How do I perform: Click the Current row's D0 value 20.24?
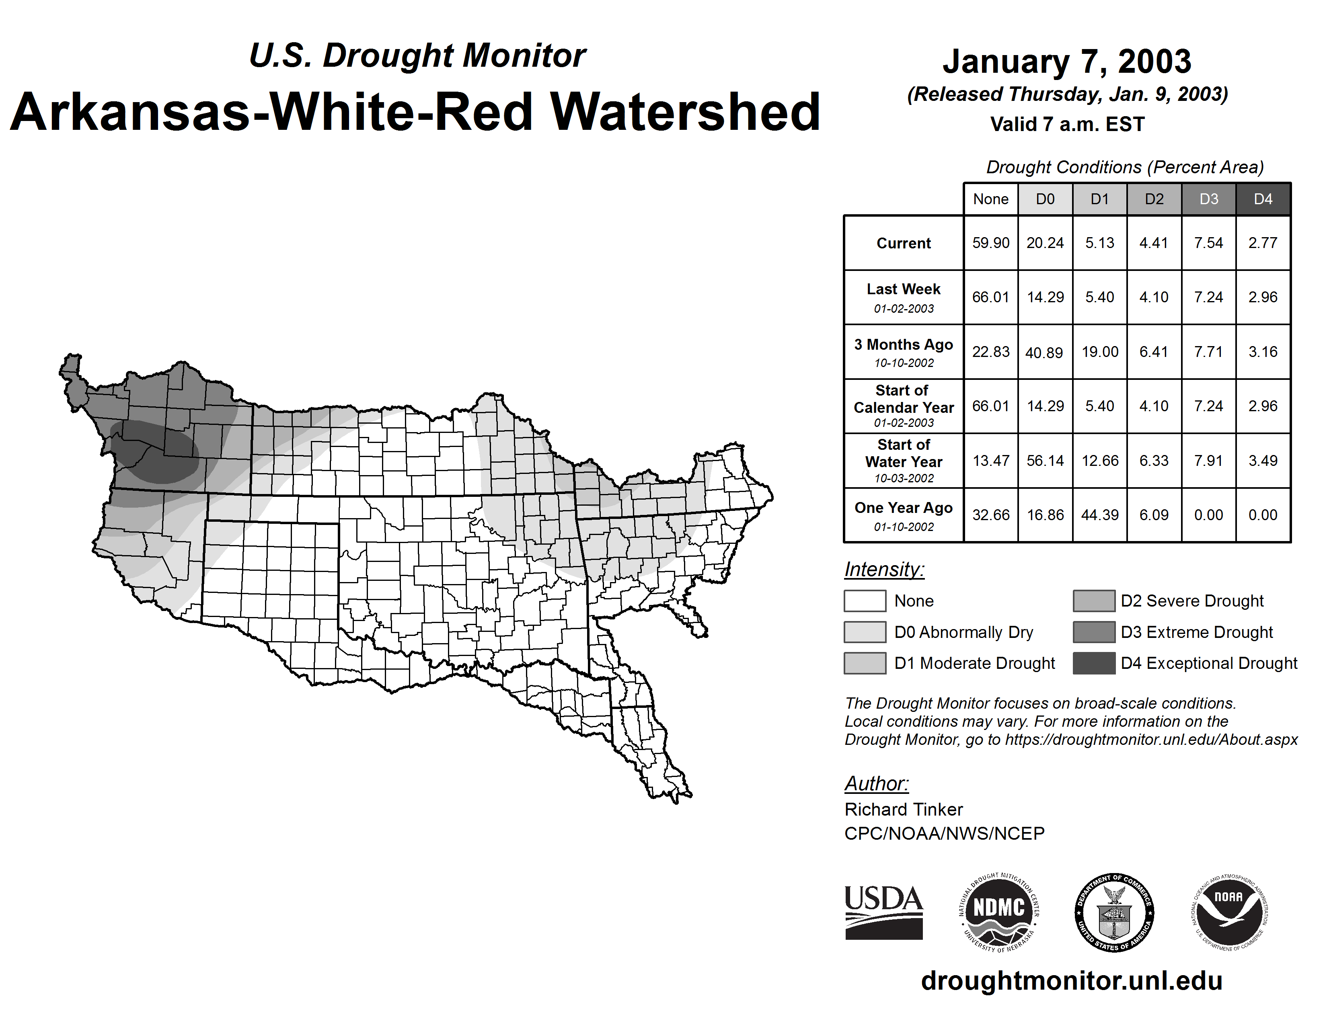click(x=1045, y=243)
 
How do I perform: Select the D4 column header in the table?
click(x=1263, y=199)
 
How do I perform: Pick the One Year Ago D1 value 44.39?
click(x=1100, y=515)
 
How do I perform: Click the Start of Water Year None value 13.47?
click(x=990, y=461)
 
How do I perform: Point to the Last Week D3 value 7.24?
click(x=1208, y=297)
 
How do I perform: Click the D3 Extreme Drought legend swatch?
click(x=1094, y=632)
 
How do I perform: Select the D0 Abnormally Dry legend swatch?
click(x=865, y=632)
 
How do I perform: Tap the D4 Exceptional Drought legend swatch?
click(x=1094, y=663)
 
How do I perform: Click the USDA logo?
click(x=883, y=912)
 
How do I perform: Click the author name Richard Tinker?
click(x=904, y=810)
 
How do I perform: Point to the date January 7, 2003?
click(x=1067, y=62)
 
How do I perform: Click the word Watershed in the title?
click(x=685, y=112)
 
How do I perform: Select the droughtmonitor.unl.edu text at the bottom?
click(x=1072, y=981)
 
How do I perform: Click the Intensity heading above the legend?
click(x=884, y=570)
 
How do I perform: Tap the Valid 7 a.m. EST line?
click(x=1067, y=125)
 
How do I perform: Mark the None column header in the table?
click(x=990, y=199)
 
